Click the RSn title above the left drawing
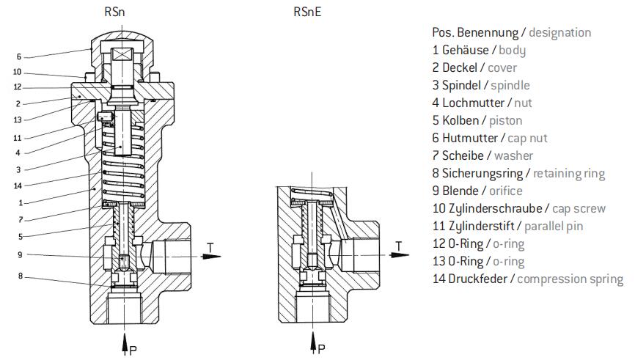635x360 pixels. [115, 12]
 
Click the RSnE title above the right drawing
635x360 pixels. [308, 12]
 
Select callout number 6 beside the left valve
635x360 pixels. [19, 56]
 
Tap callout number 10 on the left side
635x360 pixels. [18, 72]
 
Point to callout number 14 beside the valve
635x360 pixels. [18, 185]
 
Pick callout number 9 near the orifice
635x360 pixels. [19, 255]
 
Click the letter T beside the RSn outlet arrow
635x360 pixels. [210, 247]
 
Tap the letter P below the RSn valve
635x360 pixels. [133, 348]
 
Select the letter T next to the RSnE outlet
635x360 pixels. [399, 245]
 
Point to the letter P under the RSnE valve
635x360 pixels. [321, 348]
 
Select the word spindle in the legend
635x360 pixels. [510, 85]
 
